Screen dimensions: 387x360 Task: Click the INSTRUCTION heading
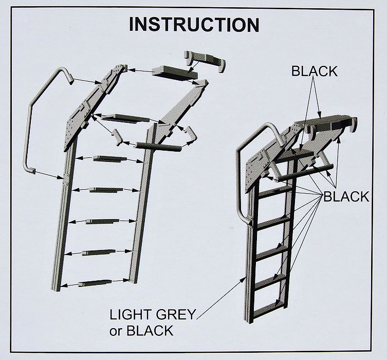[x=194, y=24]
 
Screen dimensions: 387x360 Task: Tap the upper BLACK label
[x=314, y=71]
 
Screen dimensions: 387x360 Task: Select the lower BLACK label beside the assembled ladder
[x=346, y=197]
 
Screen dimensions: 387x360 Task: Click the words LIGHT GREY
[x=153, y=315]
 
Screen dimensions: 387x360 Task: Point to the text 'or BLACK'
[x=141, y=331]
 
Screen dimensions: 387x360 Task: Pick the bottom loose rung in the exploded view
[x=95, y=283]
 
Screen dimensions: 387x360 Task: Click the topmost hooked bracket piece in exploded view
[x=205, y=61]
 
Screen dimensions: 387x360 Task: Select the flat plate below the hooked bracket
[x=175, y=74]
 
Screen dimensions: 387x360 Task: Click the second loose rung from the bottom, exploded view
[x=99, y=253]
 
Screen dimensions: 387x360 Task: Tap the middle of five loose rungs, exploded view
[x=102, y=221]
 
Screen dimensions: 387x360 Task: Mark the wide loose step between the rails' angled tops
[x=126, y=118]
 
